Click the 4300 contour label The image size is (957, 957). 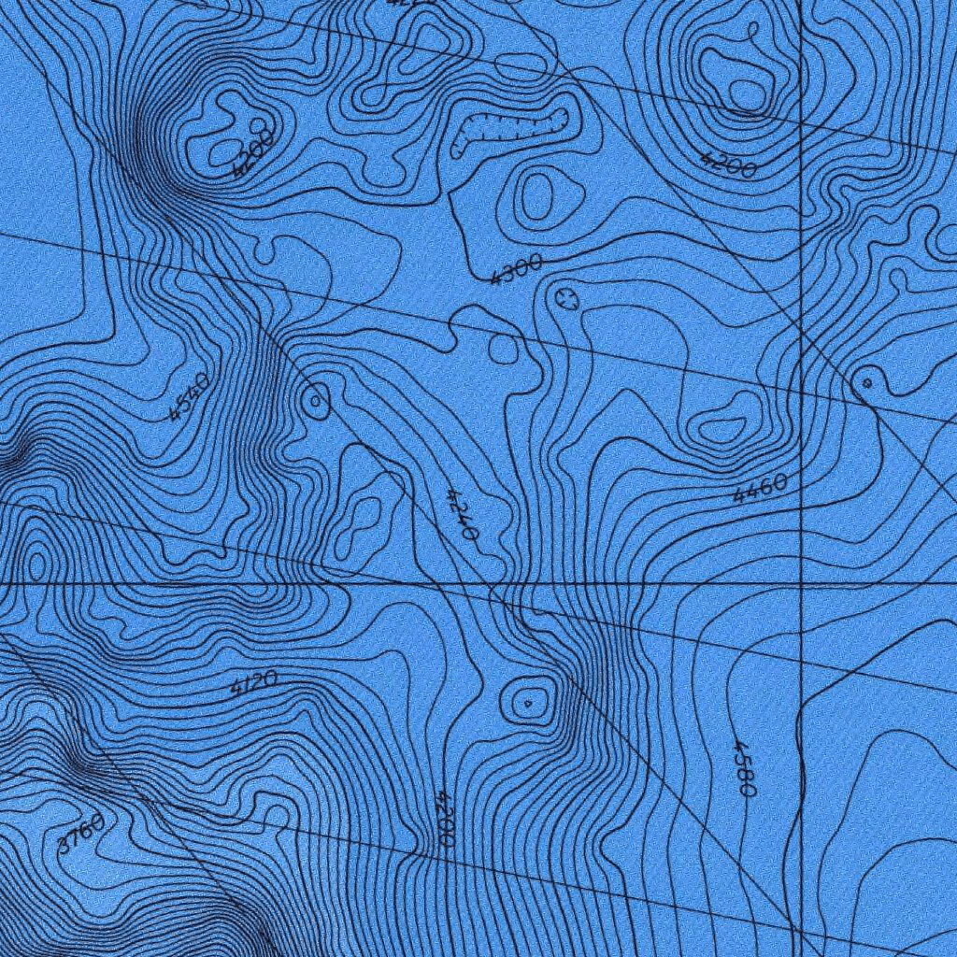click(516, 269)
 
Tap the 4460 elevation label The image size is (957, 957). click(760, 489)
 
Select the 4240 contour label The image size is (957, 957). click(463, 514)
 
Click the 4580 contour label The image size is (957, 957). click(744, 768)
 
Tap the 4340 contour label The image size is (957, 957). click(190, 396)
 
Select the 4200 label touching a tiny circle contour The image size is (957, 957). click(252, 152)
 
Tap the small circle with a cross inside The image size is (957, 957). click(565, 299)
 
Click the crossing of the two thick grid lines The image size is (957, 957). click(803, 583)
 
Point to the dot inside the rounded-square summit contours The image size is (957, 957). click(527, 702)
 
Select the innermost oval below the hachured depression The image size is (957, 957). click(537, 197)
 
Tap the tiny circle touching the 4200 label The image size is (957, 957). click(257, 125)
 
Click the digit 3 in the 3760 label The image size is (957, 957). click(64, 844)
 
